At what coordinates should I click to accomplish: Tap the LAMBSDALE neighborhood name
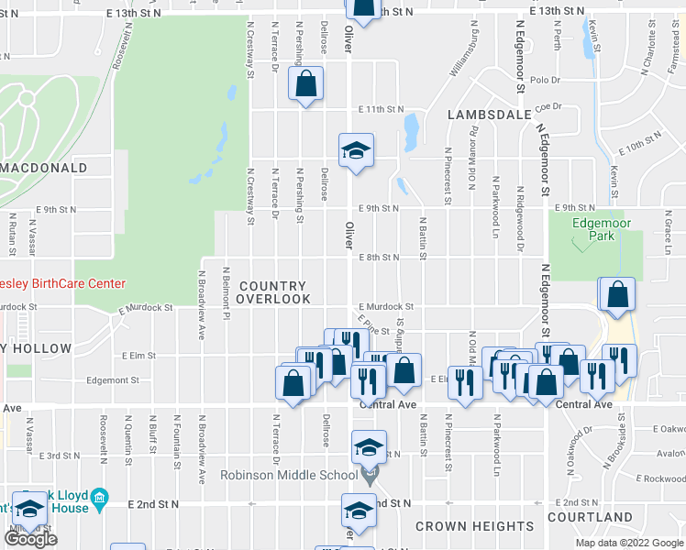490,115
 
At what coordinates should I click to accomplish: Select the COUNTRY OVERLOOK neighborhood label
273,291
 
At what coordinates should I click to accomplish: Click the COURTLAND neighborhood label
590,517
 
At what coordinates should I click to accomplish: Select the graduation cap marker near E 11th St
357,150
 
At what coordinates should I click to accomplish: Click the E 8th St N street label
379,258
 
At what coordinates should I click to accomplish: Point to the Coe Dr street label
548,106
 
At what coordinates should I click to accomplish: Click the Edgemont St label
112,379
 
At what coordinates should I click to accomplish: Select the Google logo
30,538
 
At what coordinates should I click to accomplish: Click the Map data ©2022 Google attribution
628,543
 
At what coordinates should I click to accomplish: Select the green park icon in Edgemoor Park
578,245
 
